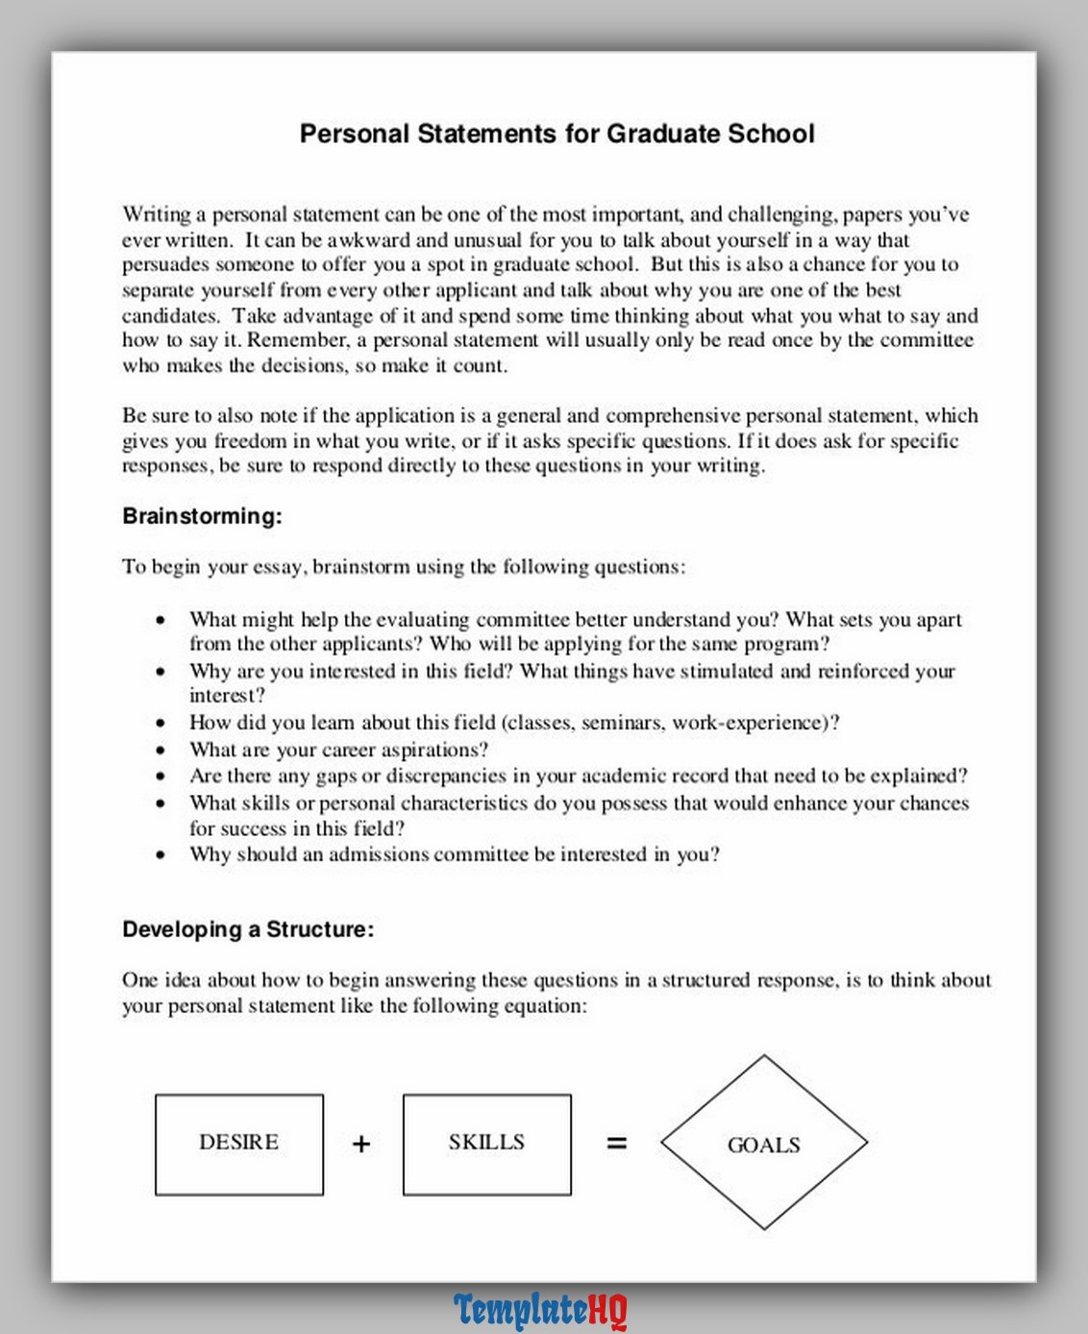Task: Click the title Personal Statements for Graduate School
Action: [556, 134]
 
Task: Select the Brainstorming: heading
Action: [202, 516]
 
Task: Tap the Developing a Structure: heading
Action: [248, 929]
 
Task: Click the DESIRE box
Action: [239, 1144]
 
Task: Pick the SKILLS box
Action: [486, 1144]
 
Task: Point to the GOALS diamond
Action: [764, 1144]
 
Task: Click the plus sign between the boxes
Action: [361, 1144]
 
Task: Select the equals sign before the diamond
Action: [617, 1143]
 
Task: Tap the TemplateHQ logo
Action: [540, 1310]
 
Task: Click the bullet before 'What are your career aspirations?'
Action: [161, 750]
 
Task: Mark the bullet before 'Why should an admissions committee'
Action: [161, 854]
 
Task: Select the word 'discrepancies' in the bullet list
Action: [445, 776]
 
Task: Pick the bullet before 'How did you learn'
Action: [161, 723]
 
